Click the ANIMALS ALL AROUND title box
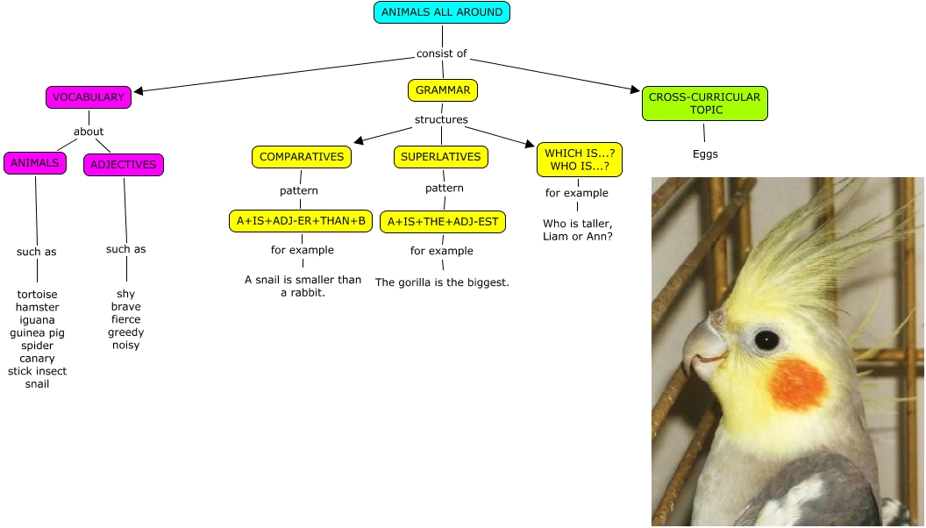[x=442, y=12]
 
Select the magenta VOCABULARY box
[x=89, y=97]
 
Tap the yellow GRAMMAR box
[x=443, y=90]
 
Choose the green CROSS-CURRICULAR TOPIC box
[x=704, y=103]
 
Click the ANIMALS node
[x=35, y=162]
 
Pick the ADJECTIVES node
[x=124, y=164]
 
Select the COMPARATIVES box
[x=302, y=157]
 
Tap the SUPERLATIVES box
[x=441, y=157]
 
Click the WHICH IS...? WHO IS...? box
[x=580, y=160]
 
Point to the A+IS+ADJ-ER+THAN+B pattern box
[x=301, y=221]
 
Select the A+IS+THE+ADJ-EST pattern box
[x=443, y=221]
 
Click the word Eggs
[x=705, y=154]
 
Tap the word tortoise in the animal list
[x=37, y=295]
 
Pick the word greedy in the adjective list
[x=126, y=332]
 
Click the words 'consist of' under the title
[x=442, y=54]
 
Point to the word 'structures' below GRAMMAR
[x=441, y=119]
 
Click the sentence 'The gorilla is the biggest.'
[x=442, y=282]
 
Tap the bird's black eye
[x=766, y=339]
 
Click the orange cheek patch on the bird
[x=798, y=384]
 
